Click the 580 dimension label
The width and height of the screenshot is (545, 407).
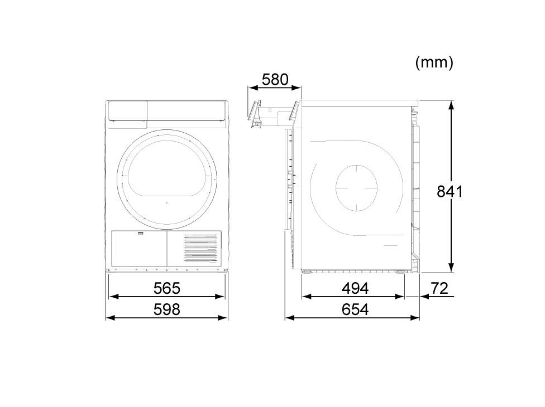click(x=275, y=80)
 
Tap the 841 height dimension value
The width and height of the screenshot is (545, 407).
click(x=450, y=192)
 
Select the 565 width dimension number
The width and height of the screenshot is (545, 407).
click(x=167, y=288)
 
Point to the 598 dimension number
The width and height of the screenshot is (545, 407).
click(x=167, y=309)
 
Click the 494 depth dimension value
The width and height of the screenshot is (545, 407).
click(x=355, y=288)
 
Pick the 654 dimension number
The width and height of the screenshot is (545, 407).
click(x=355, y=309)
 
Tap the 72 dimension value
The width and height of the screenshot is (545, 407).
click(x=439, y=288)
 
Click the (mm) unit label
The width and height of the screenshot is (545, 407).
click(x=434, y=62)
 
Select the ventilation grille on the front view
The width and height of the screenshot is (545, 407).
click(x=200, y=248)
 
